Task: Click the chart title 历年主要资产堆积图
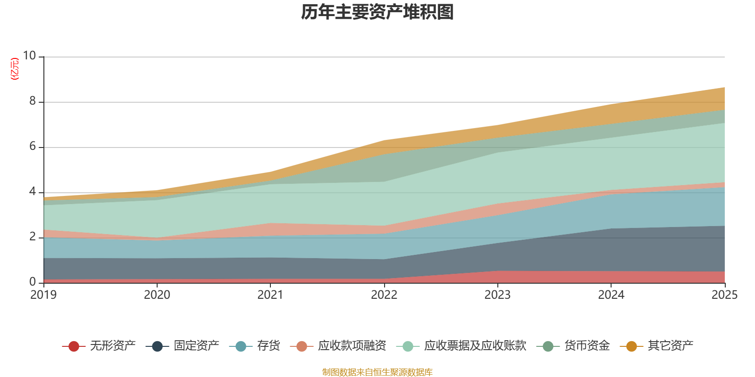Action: click(x=377, y=13)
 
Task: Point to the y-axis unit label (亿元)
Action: click(x=15, y=69)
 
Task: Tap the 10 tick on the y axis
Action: click(x=29, y=56)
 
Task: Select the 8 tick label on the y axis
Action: click(x=33, y=101)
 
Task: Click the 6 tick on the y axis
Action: click(x=33, y=147)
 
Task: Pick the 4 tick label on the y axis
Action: click(x=33, y=192)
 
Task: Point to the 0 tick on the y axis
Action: click(x=33, y=282)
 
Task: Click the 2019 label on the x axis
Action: click(x=43, y=295)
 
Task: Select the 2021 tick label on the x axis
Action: click(x=270, y=295)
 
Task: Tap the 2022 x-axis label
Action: click(x=384, y=295)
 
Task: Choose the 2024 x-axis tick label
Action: click(x=611, y=295)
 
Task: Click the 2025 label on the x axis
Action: click(x=724, y=295)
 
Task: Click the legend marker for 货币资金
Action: click(x=548, y=346)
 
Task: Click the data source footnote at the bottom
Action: click(x=377, y=372)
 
